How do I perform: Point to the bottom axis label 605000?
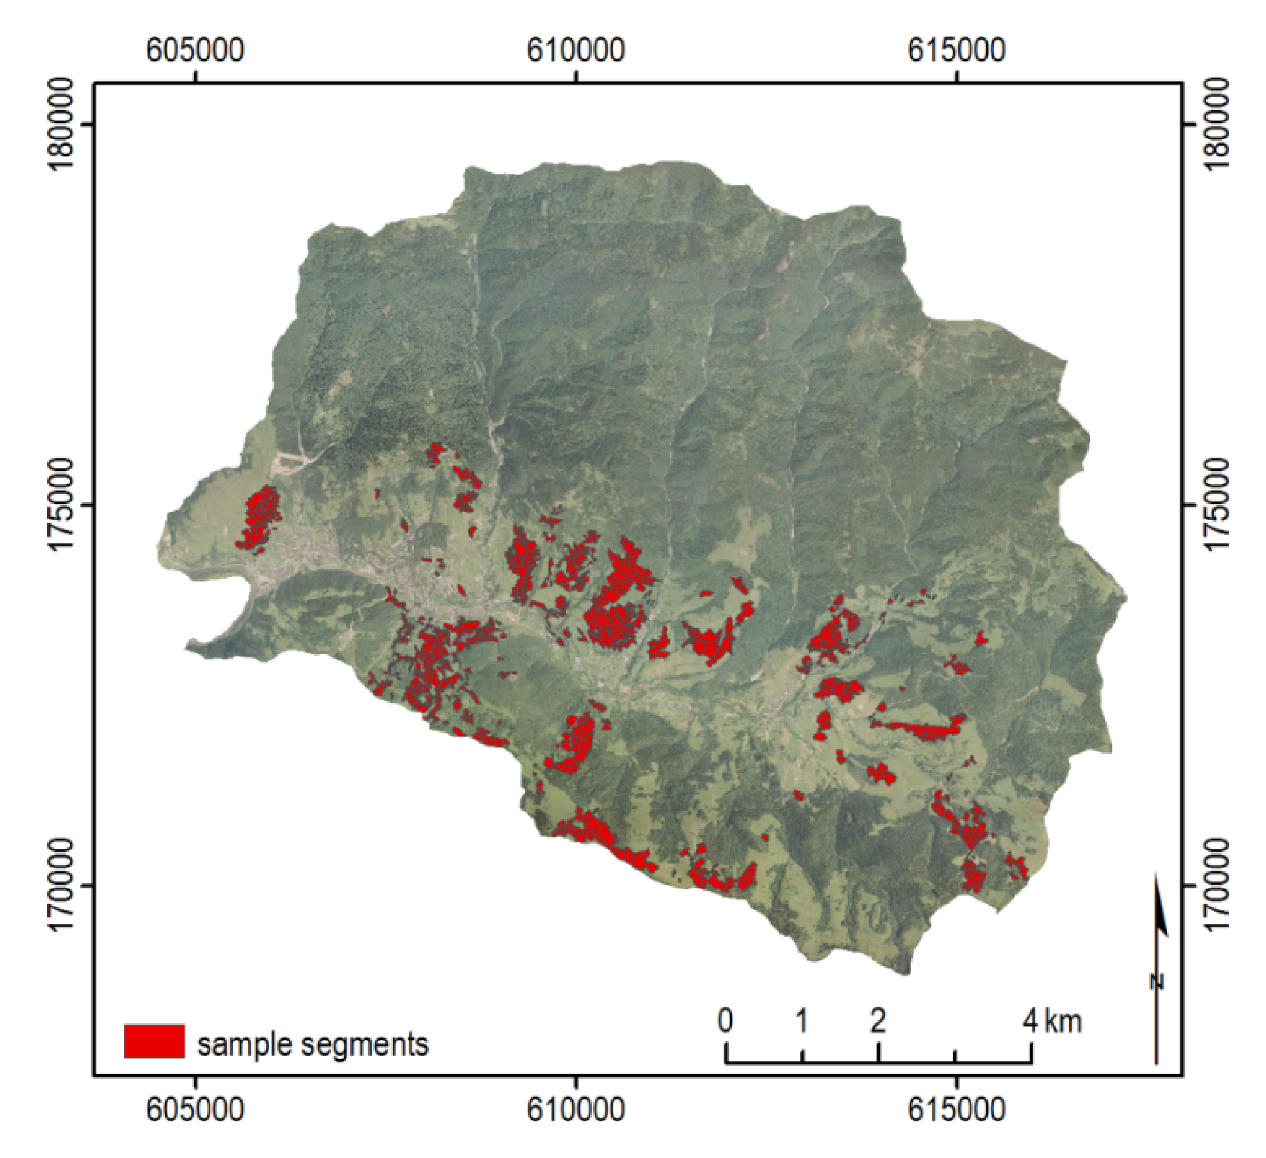coord(195,1111)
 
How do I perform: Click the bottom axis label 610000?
coord(575,1111)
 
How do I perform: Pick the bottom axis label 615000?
coord(956,1111)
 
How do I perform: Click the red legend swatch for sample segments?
coord(154,1041)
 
